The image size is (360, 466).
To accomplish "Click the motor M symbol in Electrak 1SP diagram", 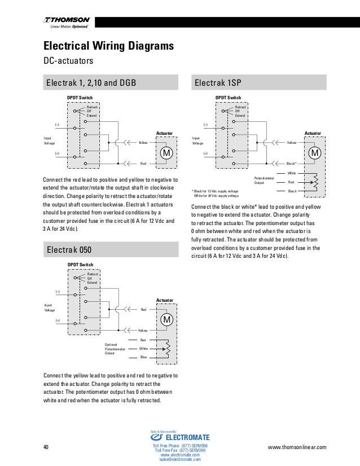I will coord(315,153).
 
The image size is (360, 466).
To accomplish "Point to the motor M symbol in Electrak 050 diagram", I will coord(167,320).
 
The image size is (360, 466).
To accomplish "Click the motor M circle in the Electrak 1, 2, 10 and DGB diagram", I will coord(166,153).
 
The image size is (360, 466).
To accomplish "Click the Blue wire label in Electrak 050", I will coord(143,357).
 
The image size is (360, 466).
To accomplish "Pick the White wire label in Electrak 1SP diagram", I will coord(292,173).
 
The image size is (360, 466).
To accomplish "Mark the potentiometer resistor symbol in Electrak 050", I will coord(167,349).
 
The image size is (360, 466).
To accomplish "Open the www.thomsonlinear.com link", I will coord(298,447).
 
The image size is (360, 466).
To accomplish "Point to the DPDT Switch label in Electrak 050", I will coord(80,263).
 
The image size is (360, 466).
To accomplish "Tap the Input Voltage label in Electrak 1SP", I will coord(197,140).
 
